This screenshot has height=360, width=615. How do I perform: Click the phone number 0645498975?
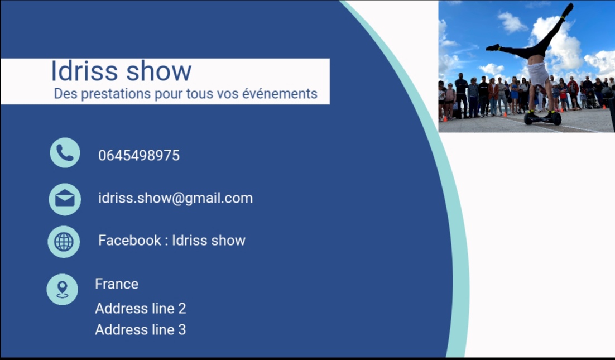pos(139,156)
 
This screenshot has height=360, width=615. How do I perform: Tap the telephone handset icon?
pos(65,153)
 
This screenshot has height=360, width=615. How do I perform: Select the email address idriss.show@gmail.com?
pos(175,198)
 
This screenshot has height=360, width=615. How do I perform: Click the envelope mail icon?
pos(65,199)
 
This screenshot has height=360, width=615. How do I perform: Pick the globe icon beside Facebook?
pos(64,242)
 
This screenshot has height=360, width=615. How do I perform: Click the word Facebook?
pos(129,241)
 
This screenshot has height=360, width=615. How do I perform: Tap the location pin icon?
pos(63,289)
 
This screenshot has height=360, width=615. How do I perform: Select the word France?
pos(117,284)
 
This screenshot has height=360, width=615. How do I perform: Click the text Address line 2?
pos(140,309)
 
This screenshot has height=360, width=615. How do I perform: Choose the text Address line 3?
pos(140,330)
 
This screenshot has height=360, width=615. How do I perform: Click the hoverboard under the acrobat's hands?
pos(542,118)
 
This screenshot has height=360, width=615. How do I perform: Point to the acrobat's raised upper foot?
pos(568,9)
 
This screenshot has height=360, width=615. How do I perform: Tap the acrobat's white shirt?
pos(539,73)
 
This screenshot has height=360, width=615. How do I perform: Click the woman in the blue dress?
pos(514,95)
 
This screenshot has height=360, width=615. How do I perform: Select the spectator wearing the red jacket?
pos(573,89)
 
